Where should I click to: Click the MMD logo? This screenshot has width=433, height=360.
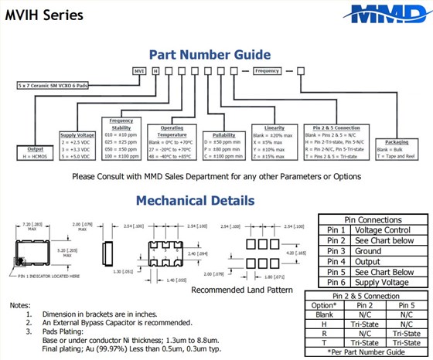pyautogui.click(x=377, y=13)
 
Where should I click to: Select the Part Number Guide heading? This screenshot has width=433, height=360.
pyautogui.click(x=210, y=55)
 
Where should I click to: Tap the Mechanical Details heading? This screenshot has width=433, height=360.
pyautogui.click(x=195, y=201)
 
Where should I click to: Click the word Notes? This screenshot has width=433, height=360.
pyautogui.click(x=20, y=305)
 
